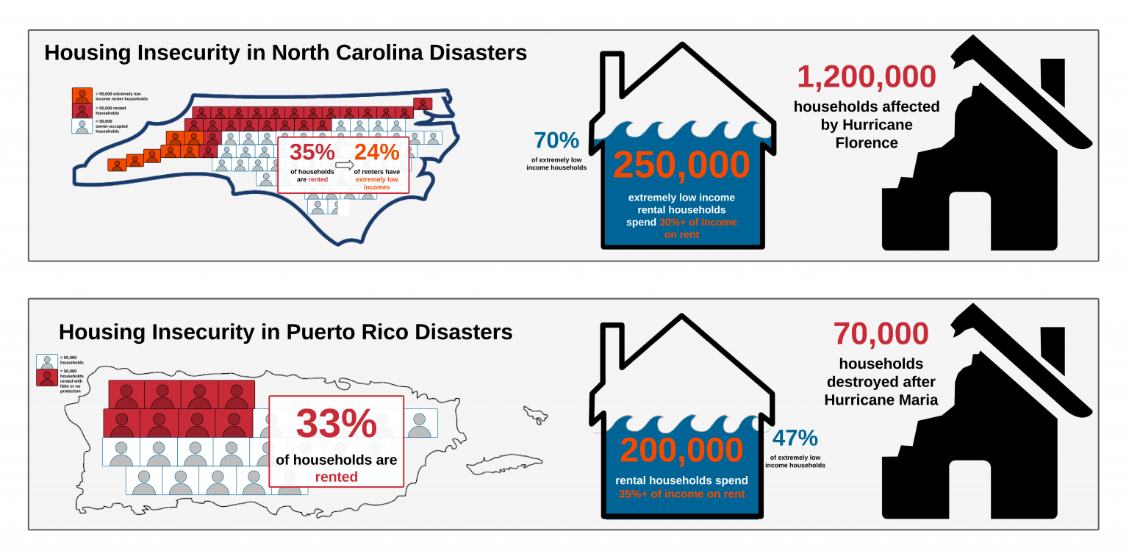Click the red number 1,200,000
[x=867, y=77]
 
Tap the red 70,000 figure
[x=881, y=333]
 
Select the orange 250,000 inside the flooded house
[x=681, y=165]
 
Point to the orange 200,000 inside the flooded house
[x=681, y=450]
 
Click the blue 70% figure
[x=556, y=140]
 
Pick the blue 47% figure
[x=795, y=438]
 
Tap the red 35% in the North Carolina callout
[x=312, y=153]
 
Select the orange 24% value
[x=376, y=153]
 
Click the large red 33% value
[x=336, y=424]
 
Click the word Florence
[x=867, y=142]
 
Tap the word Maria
[x=917, y=400]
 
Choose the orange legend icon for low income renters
[x=82, y=95]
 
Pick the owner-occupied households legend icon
[x=82, y=126]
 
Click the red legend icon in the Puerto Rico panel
[x=46, y=378]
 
